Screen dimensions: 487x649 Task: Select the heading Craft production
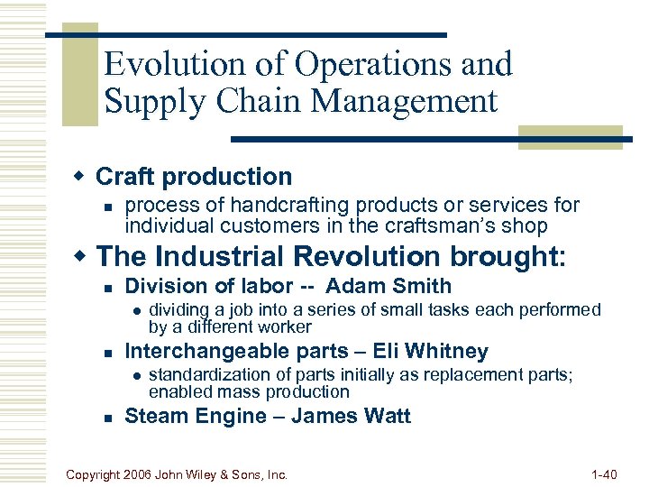point(194,177)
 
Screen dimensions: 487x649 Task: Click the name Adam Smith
point(388,287)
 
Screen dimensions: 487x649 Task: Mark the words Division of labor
point(208,287)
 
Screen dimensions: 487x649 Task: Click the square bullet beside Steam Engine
point(107,417)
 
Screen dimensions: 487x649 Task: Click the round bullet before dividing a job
point(133,310)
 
